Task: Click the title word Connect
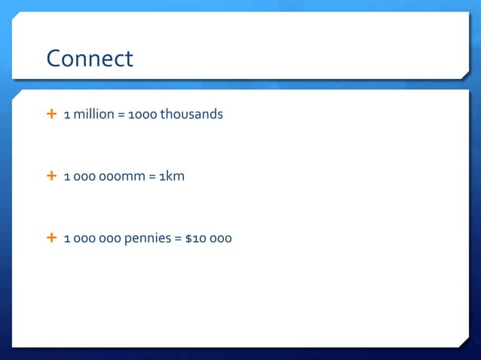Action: (x=90, y=59)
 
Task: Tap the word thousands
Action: (x=191, y=115)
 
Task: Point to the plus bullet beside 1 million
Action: (x=51, y=114)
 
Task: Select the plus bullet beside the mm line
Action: (x=51, y=176)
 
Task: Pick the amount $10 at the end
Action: (x=194, y=239)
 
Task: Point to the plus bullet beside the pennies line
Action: (x=51, y=238)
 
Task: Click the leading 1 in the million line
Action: (x=67, y=115)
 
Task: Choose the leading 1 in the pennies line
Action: (x=67, y=239)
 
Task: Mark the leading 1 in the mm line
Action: (x=67, y=177)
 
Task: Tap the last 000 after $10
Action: (x=221, y=239)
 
